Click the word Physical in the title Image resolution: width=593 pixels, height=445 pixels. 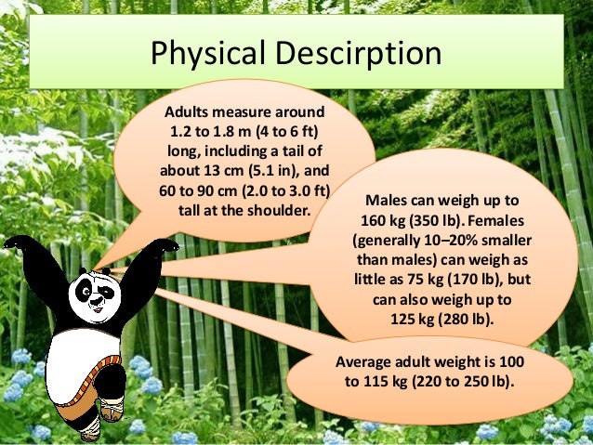[203, 55]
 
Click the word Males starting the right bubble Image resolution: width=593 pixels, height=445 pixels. [385, 201]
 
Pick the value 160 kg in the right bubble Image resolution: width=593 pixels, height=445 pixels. [385, 221]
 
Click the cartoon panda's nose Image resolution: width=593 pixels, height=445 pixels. [93, 299]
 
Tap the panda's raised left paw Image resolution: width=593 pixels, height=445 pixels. [165, 249]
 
